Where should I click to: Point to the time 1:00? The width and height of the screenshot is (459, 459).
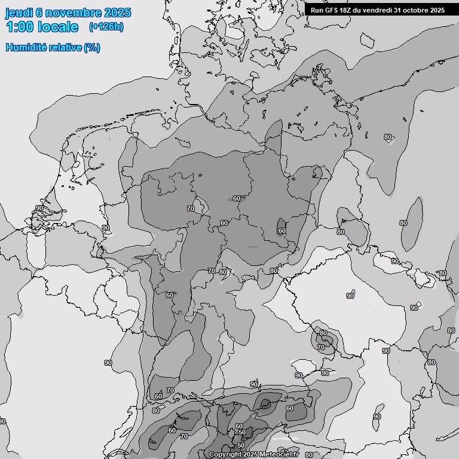point(19,27)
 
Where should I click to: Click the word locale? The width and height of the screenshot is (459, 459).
point(57,27)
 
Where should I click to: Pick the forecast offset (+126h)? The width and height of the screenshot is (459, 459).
point(106,27)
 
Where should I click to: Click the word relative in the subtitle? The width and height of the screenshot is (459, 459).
point(67,48)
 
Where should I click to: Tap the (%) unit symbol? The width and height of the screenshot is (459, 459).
point(92,48)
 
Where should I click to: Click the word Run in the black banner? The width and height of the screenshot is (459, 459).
point(317,10)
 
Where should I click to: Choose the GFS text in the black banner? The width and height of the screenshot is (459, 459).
point(331,10)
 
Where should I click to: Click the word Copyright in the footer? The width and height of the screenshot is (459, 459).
point(225,455)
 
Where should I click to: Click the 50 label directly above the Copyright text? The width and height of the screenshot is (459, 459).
point(241,445)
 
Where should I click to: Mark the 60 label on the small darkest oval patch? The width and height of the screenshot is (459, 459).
point(281,231)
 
